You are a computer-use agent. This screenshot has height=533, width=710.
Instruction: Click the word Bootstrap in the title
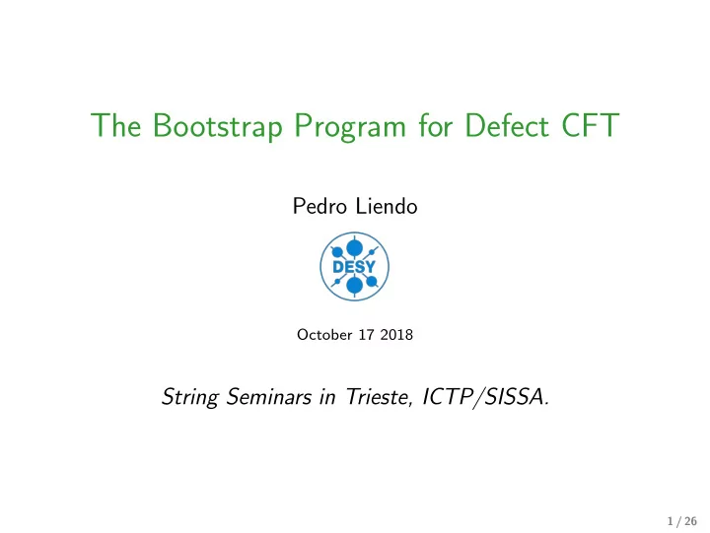coord(217,126)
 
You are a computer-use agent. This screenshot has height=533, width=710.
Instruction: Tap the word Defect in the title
coord(507,125)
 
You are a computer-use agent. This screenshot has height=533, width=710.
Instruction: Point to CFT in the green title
coord(590,125)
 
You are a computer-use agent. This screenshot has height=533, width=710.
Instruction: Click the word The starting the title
coord(115,125)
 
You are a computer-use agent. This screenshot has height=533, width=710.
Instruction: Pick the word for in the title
coord(436,125)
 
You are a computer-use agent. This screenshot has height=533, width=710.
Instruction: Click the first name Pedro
coord(319,206)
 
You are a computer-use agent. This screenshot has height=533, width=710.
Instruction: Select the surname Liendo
coord(387,206)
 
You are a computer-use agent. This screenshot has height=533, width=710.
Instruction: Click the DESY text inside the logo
coord(354,266)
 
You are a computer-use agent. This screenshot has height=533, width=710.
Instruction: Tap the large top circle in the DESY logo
coord(355,248)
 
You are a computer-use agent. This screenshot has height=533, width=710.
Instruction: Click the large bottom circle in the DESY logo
coord(355,286)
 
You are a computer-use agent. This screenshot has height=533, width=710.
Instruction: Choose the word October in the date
coord(324,334)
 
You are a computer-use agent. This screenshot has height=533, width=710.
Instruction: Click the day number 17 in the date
coord(366,334)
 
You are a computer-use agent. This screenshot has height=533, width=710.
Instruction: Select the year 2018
coord(396,334)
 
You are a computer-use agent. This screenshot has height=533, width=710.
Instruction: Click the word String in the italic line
coord(190,398)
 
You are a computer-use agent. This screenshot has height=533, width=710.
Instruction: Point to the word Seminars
coord(269,397)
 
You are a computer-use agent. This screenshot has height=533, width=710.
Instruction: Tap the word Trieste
coord(380,397)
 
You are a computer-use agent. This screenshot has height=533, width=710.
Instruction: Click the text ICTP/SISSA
coord(485,397)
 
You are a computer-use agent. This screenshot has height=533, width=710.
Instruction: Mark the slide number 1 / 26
coord(682,521)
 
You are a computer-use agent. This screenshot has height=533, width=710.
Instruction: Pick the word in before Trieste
coord(327,397)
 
